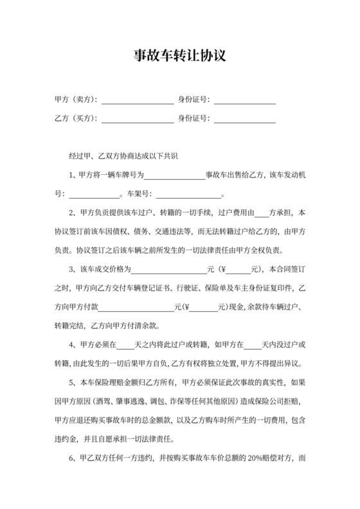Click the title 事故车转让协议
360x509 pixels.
tap(179, 57)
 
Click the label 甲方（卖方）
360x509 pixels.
tap(76, 100)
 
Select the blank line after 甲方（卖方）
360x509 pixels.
tap(137, 101)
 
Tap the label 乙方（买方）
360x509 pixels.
tap(76, 119)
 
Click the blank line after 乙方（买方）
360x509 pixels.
tap(137, 120)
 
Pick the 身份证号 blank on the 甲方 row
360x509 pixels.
tap(245, 101)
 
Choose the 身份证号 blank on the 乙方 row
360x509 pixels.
tap(245, 120)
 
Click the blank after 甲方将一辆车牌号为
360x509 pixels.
tap(174, 176)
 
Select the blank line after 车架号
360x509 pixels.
tap(188, 195)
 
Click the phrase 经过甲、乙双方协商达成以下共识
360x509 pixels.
tap(123, 156)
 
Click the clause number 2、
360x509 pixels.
tap(73, 213)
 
